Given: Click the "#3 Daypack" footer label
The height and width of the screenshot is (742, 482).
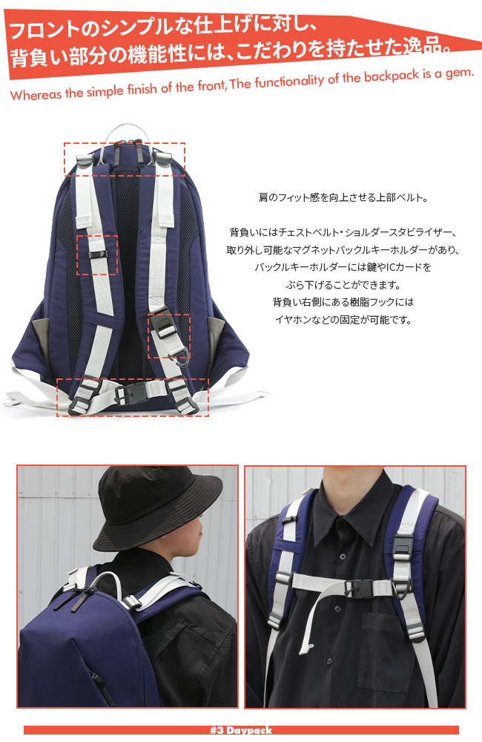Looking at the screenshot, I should tap(241, 730).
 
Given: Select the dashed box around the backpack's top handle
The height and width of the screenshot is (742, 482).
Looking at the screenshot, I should tap(125, 159).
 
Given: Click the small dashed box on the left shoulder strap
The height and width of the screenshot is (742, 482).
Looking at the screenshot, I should tap(97, 255).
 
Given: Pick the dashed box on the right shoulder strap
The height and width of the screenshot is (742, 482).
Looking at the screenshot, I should tap(168, 336).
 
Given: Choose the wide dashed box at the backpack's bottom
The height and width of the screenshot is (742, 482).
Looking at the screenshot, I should tap(133, 397).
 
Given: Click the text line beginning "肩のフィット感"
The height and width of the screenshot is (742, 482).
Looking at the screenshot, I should tap(343, 198).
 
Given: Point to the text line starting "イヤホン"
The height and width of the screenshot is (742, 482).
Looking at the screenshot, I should tap(343, 321).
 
